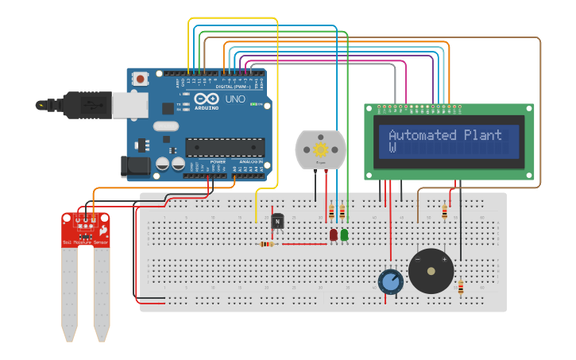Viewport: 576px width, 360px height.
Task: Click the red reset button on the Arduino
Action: [141, 78]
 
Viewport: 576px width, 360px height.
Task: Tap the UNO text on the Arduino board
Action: [236, 99]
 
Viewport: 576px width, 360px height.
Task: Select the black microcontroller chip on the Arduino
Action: [225, 147]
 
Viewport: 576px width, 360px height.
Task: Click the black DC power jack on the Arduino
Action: [134, 166]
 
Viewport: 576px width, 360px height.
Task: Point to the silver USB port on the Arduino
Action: [130, 105]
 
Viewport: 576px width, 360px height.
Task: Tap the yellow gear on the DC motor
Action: [321, 149]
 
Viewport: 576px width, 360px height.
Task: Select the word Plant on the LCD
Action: [483, 135]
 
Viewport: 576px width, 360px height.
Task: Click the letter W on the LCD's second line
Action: [392, 148]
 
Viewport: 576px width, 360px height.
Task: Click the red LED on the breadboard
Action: [334, 234]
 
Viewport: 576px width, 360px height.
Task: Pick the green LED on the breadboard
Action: [344, 234]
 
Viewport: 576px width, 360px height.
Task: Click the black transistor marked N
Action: [277, 222]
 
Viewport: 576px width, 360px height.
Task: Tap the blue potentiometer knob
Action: [390, 281]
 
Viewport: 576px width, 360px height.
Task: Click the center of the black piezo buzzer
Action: [431, 271]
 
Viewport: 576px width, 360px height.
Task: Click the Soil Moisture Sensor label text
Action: [85, 242]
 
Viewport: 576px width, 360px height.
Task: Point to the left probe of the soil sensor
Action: [70, 294]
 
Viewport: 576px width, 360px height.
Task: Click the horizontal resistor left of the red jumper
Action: [269, 244]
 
